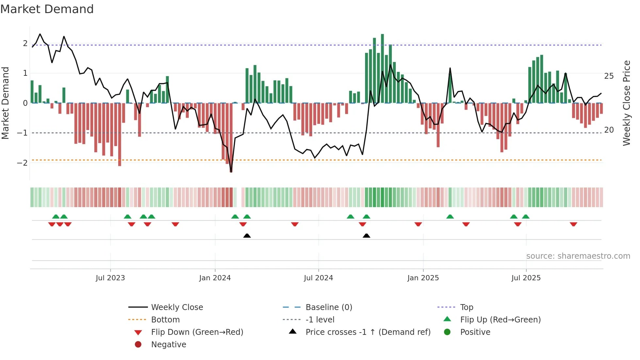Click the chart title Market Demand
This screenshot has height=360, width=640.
click(47, 9)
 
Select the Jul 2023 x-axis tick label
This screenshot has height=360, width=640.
click(110, 278)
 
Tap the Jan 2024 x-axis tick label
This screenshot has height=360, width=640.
click(215, 278)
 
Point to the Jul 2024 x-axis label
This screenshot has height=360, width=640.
click(318, 278)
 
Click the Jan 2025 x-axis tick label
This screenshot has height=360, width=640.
click(423, 278)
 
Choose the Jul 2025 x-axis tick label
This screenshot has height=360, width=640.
click(526, 278)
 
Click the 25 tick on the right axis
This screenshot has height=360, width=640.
click(609, 76)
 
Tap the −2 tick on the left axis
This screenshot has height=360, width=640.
click(22, 163)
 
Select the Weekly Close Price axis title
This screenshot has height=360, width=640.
click(627, 103)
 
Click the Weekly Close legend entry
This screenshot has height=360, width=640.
click(177, 307)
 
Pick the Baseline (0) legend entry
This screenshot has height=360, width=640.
click(328, 307)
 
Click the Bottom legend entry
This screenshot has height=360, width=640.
click(165, 320)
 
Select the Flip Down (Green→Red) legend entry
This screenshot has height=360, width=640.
click(197, 332)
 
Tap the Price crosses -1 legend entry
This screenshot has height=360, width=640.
click(368, 332)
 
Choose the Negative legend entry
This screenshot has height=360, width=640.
click(168, 345)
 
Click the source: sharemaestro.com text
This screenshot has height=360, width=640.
click(578, 256)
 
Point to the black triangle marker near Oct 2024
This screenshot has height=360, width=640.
click(366, 236)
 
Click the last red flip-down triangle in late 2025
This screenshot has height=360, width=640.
click(573, 224)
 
